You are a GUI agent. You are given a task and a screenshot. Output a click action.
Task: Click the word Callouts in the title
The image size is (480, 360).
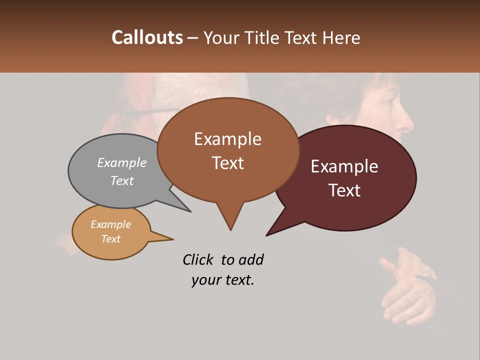147,38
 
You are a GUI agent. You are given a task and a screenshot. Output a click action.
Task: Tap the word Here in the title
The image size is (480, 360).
342,38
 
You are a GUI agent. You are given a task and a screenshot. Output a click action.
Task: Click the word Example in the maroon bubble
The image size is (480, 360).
344,166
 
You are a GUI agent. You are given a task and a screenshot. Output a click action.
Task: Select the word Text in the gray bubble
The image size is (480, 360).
122,181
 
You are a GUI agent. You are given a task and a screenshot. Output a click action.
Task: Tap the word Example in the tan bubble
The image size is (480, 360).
111,224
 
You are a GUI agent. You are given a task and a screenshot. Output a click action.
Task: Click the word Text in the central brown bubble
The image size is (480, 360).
228,163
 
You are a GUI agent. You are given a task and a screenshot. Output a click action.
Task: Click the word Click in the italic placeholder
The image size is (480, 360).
199,259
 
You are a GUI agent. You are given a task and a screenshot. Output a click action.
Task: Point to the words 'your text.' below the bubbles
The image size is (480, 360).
223,280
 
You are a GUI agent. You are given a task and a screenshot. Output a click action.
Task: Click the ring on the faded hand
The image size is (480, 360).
428,272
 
